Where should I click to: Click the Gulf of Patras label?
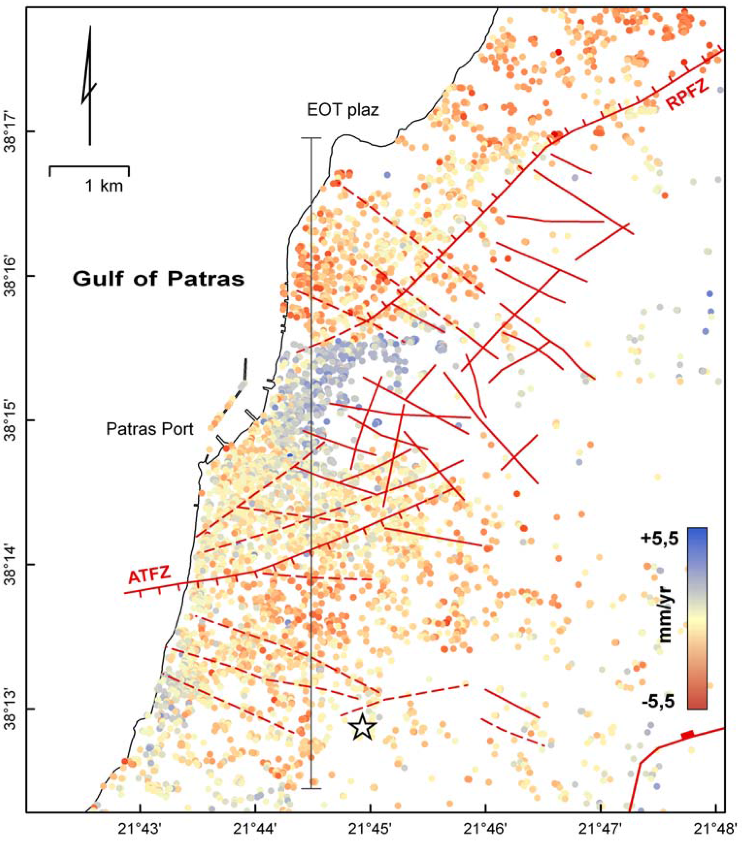[x=159, y=279]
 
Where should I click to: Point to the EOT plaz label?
[x=343, y=111]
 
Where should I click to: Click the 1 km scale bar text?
[x=104, y=186]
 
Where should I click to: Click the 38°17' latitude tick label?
[x=12, y=132]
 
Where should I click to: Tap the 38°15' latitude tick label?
[x=12, y=420]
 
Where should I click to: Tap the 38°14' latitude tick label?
[x=12, y=564]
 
